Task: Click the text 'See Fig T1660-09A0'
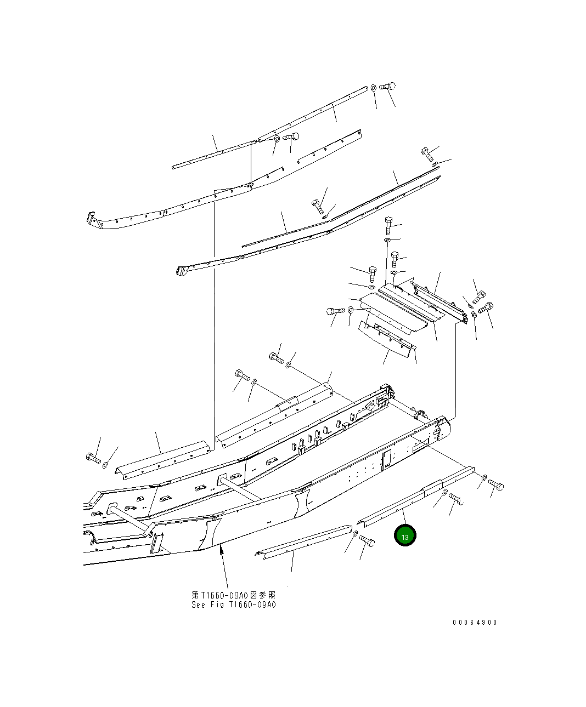pos(233,605)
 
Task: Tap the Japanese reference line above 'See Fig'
pos(233,595)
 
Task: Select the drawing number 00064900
pos(475,623)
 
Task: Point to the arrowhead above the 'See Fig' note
pos(221,550)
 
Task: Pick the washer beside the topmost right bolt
pos(373,87)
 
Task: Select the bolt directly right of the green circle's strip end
pos(495,484)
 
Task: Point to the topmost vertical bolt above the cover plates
pos(388,225)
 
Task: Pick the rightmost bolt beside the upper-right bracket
pos(486,307)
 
